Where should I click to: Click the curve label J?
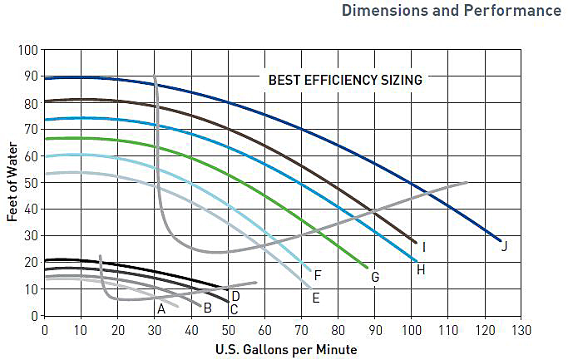pos(504,246)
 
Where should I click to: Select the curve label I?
pos(424,247)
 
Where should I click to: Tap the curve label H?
pos(421,269)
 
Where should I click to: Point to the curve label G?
pos(375,277)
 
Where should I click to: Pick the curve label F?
pos(318,275)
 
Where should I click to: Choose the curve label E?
pos(315,297)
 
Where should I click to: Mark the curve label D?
pos(235,296)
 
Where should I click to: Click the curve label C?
pos(234,309)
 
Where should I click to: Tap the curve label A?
pos(161,308)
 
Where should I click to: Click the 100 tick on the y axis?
pos(28,50)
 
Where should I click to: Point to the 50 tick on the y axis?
pos(32,183)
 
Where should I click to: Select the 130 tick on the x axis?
pos(521,329)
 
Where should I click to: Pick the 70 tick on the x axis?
pos(301,329)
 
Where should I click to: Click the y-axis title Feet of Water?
pos(12,183)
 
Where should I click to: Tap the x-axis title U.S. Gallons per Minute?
pos(286,349)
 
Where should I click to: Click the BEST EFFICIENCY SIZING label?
pos(345,81)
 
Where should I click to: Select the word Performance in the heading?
pos(512,11)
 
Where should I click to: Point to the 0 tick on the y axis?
pos(35,316)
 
